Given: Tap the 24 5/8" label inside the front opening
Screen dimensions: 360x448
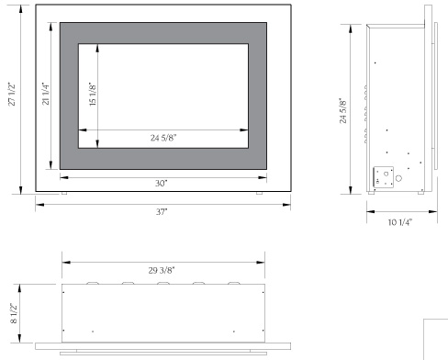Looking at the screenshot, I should click(165, 139).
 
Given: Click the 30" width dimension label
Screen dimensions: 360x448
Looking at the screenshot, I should click(162, 183).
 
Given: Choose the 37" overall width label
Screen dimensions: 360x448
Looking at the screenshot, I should click(162, 212).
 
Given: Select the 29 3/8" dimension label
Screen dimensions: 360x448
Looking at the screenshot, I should click(162, 269).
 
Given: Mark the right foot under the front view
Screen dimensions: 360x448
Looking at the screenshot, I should click(260, 195).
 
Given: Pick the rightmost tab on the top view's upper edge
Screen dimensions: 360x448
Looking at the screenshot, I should click(233, 283).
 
